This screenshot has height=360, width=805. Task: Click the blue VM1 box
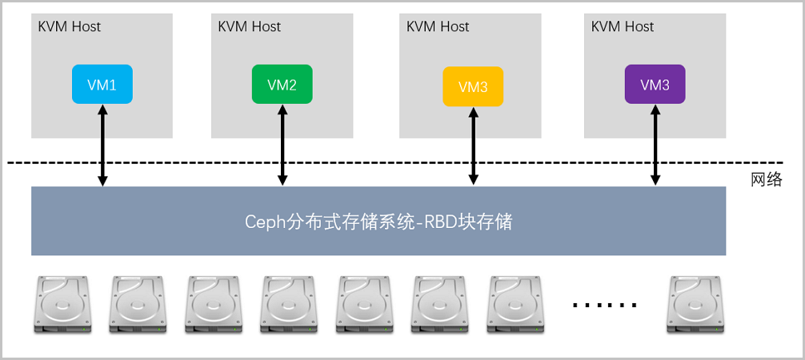pos(102,85)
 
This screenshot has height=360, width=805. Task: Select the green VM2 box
pos(282,85)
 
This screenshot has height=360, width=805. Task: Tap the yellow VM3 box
pos(473,86)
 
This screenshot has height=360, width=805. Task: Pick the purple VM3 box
pos(655,85)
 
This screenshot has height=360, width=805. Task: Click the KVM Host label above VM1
pos(70,26)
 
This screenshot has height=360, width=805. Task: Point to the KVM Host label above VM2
pos(250,26)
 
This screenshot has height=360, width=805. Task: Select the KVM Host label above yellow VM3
pos(438,26)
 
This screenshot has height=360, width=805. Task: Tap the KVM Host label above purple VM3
pos(623,26)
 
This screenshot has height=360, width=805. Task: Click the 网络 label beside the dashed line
pos(766,180)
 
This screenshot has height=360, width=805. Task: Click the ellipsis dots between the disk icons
pos(606,305)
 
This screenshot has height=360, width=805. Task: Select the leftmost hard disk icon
pos(60,305)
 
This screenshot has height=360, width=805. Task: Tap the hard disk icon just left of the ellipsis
pos(515,305)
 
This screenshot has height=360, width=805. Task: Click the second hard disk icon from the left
pos(136,305)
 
